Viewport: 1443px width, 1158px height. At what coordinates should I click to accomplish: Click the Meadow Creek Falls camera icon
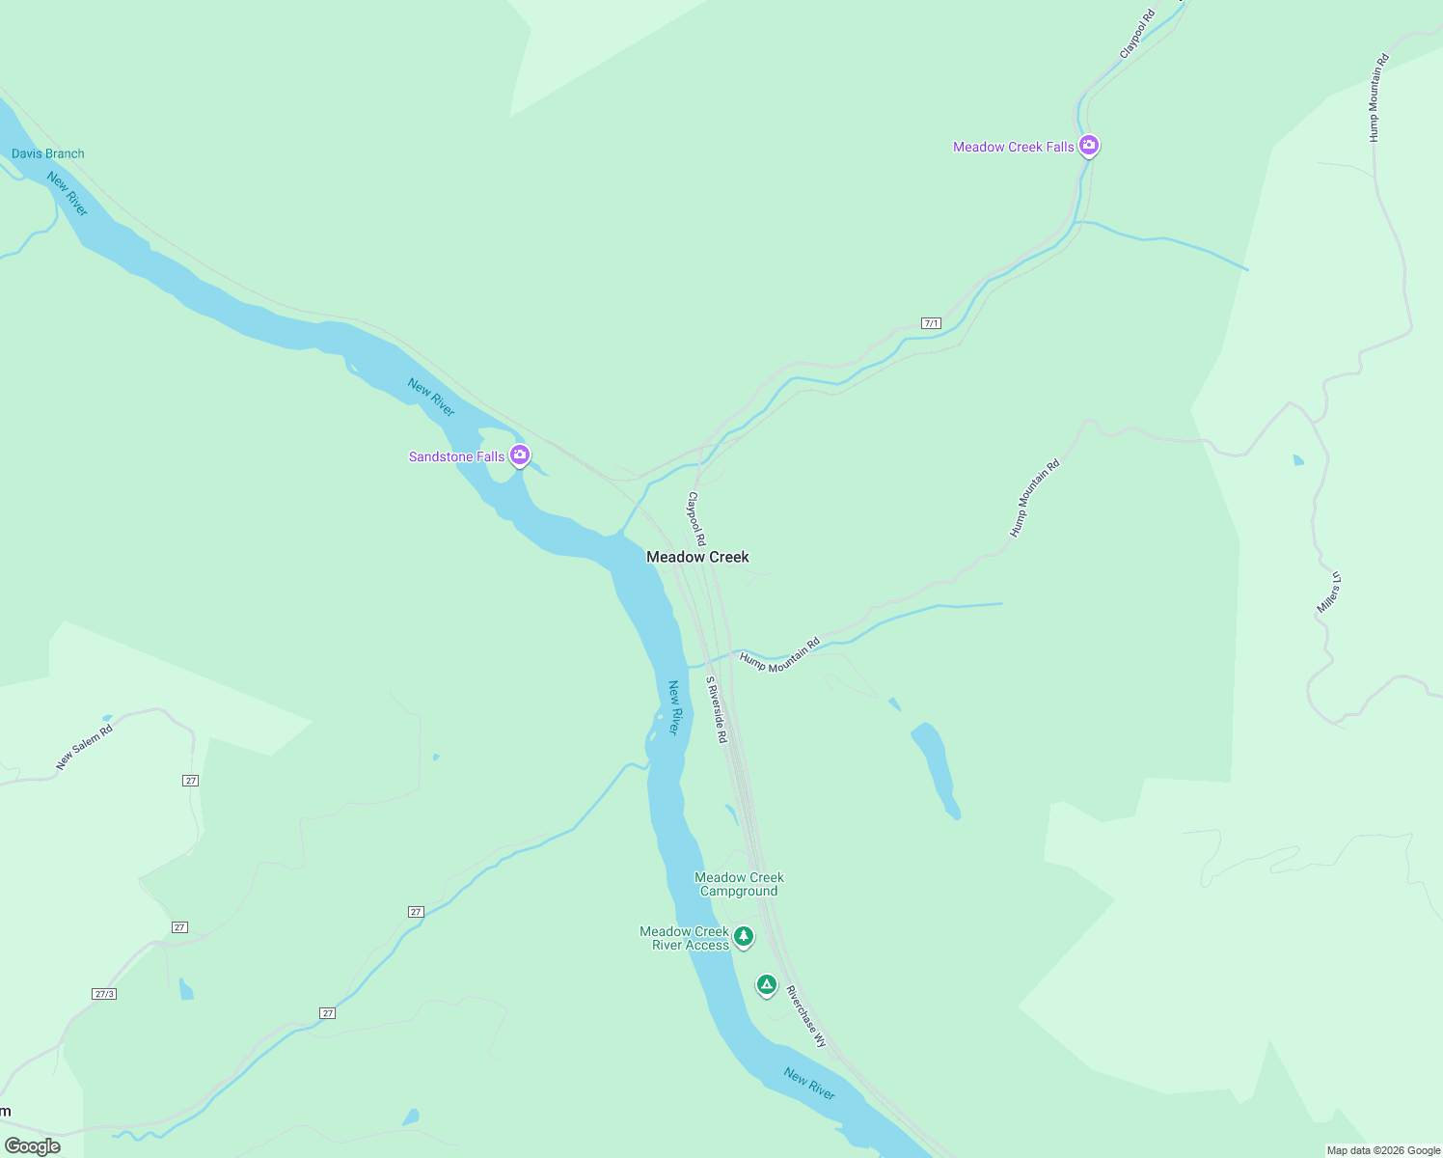pos(1089,146)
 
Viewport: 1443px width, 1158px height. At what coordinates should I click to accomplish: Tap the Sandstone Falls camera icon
pos(520,455)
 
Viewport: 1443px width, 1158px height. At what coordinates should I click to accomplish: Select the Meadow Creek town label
pos(697,557)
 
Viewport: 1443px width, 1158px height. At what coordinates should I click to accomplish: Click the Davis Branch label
pos(48,153)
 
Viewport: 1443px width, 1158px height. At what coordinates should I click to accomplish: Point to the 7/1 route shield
pos(931,323)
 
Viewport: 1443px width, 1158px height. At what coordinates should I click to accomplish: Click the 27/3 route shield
pos(104,994)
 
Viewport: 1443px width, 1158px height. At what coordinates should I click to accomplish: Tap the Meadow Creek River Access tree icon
pos(743,936)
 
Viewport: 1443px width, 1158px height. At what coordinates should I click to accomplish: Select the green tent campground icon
pos(766,984)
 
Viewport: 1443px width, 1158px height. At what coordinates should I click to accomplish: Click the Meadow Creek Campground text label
pos(739,884)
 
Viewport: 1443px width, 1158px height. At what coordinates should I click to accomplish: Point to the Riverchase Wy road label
pos(805,1016)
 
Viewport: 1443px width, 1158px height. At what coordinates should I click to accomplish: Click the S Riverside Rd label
pos(716,709)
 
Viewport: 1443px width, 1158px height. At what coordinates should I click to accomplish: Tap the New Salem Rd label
pos(84,747)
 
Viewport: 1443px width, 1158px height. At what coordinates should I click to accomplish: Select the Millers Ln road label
pos(1329,593)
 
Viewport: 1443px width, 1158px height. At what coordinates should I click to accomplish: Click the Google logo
pos(33,1146)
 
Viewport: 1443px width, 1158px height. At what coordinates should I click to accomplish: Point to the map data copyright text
pos(1382,1150)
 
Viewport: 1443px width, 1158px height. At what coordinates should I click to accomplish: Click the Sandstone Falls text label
pos(456,456)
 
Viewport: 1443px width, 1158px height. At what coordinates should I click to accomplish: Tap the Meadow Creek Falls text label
pos(1013,147)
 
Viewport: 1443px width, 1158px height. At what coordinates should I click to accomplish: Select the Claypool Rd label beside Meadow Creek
pos(696,519)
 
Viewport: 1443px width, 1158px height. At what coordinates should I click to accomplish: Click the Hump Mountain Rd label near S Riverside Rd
pos(779,654)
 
